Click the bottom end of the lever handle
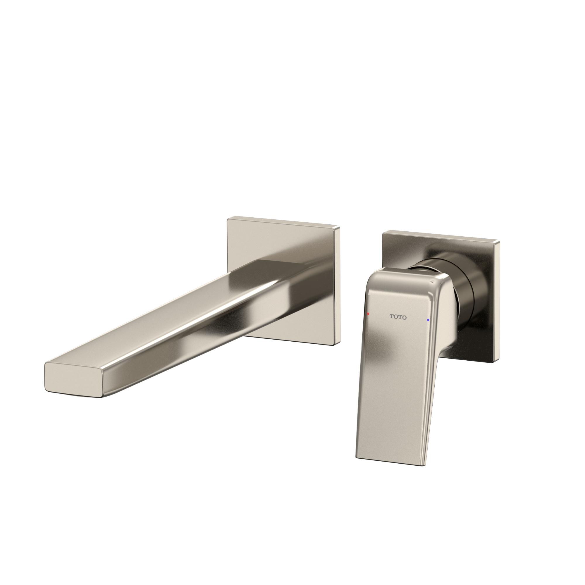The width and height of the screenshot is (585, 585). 390,463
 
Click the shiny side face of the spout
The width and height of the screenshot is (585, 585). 212,339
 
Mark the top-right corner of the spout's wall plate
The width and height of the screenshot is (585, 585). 338,226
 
